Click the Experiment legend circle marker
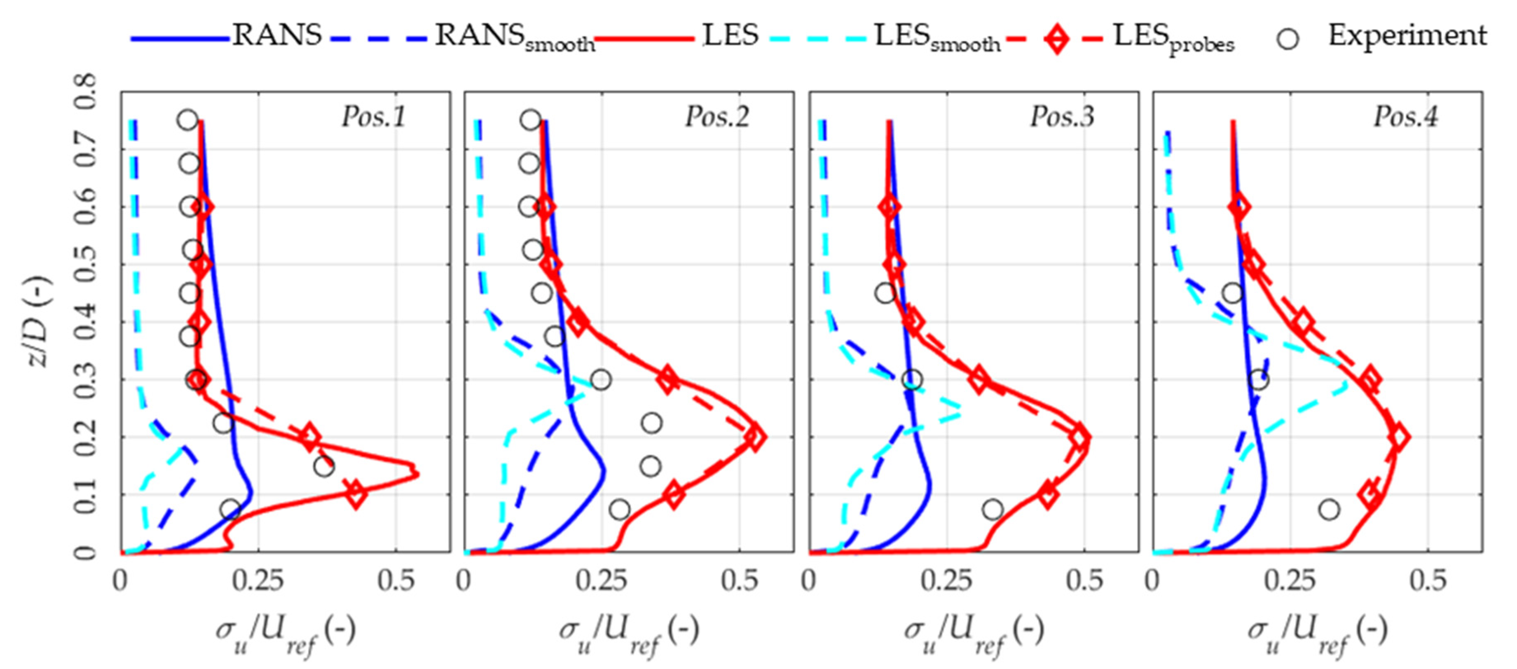[x=1288, y=39]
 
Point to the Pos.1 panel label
[x=374, y=117]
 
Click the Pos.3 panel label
[x=1062, y=117]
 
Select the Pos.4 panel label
[x=1406, y=117]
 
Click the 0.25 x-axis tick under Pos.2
[x=601, y=581]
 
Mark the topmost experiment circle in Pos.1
[x=187, y=120]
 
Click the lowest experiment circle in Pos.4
[x=1329, y=510]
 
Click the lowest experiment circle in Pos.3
[x=992, y=510]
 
